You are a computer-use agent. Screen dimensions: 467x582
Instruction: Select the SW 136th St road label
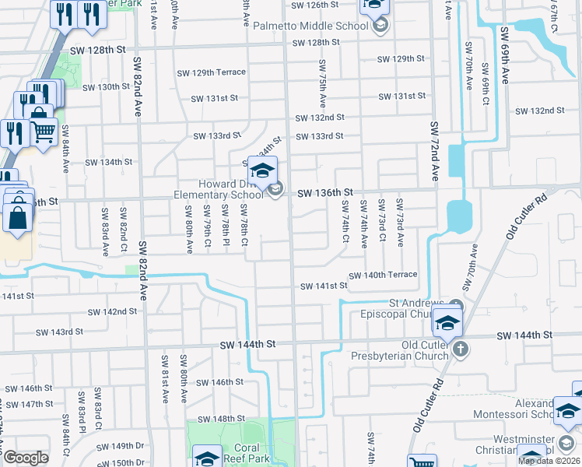coord(324,192)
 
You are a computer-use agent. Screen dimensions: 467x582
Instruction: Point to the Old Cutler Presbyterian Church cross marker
coord(461,348)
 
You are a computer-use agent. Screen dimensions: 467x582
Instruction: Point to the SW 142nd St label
coord(113,311)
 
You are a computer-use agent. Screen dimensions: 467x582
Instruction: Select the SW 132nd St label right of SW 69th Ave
coord(551,111)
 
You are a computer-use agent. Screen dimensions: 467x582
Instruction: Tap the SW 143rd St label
coord(59,332)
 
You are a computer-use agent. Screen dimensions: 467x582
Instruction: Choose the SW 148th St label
coord(220,419)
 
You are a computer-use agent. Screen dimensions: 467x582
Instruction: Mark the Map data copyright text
coord(549,461)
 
